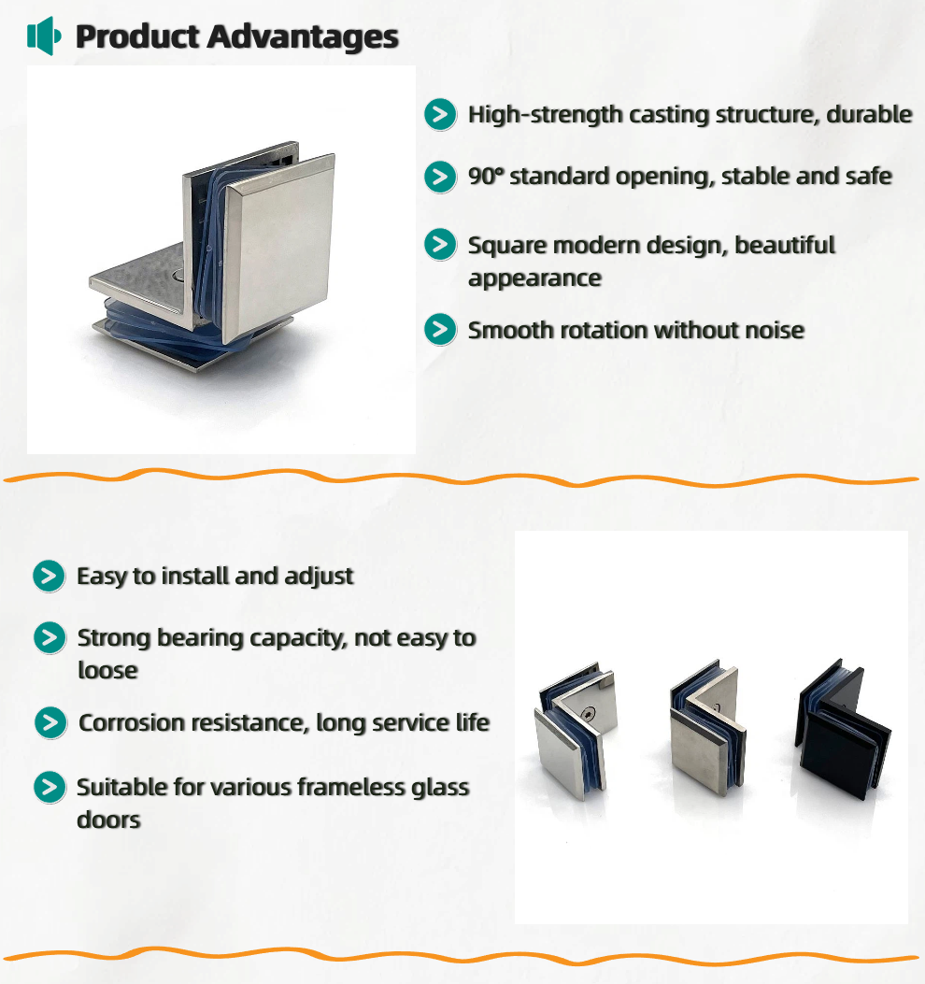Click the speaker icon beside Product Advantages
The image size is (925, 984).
coord(44,36)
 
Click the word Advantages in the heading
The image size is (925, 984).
coord(303,36)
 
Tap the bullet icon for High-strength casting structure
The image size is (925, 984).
coord(440,114)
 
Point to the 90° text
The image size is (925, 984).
coord(486,177)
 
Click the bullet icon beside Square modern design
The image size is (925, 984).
coord(440,244)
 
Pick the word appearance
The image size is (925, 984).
coord(534,278)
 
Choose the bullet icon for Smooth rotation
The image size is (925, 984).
coord(440,330)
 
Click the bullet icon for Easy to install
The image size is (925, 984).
coord(49,576)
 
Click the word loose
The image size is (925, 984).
coord(107,670)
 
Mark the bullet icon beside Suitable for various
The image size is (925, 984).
coord(50,787)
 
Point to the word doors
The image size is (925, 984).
coord(108,820)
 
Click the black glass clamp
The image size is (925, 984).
coord(843,729)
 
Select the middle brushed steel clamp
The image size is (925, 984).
coord(708,727)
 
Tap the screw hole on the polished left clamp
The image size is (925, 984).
coord(588,714)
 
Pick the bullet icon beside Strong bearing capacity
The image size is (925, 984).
coord(50,638)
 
